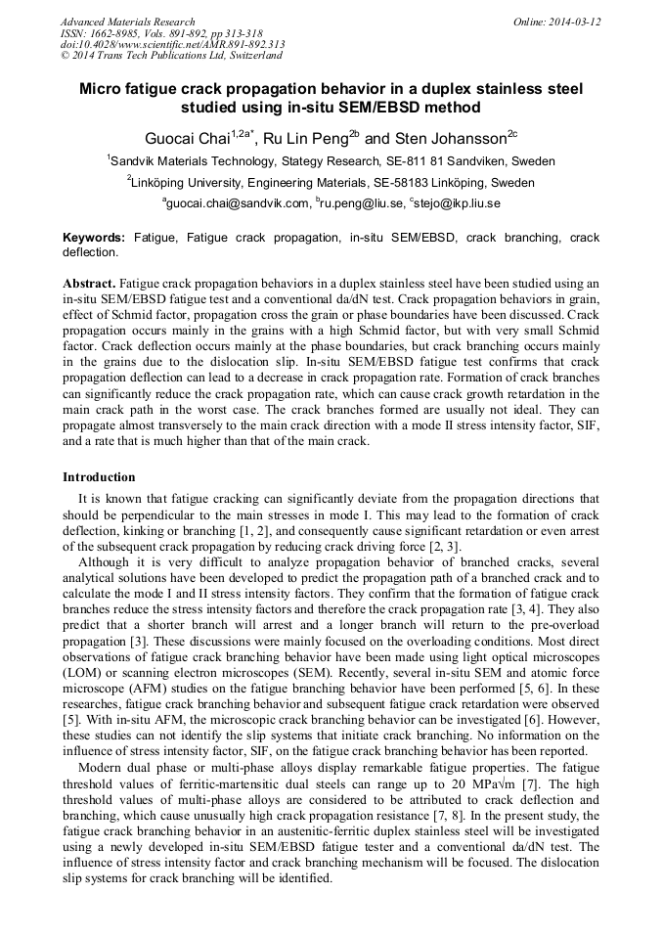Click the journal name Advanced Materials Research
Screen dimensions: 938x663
pyautogui.click(x=127, y=22)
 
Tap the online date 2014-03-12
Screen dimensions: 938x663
pyautogui.click(x=578, y=22)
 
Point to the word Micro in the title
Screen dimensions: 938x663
pyautogui.click(x=106, y=88)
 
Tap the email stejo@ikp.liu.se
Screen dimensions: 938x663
pyautogui.click(x=459, y=203)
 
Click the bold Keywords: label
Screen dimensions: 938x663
pyautogui.click(x=94, y=238)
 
